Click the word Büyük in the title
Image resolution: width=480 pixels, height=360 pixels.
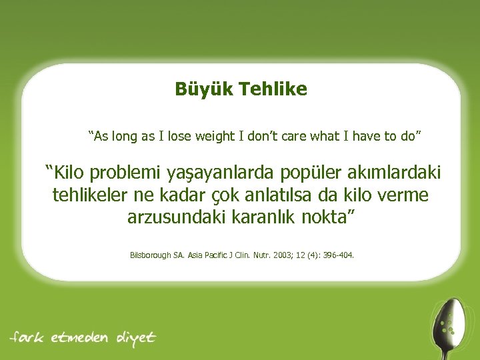click(199, 89)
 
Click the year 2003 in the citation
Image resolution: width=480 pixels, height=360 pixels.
click(289, 255)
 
